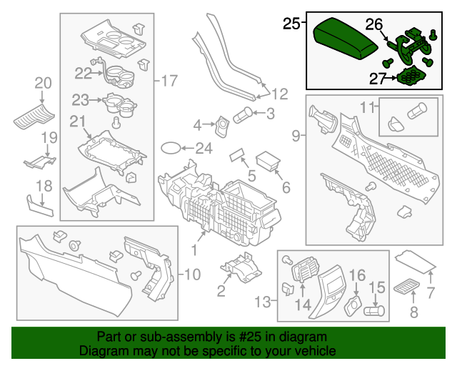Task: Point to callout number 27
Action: click(x=378, y=77)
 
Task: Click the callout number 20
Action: click(x=43, y=83)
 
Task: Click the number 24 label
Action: click(x=204, y=149)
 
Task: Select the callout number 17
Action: click(x=169, y=81)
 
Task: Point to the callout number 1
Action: click(x=194, y=249)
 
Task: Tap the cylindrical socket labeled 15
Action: click(x=373, y=311)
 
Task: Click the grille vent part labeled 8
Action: click(x=404, y=288)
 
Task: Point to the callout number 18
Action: click(x=44, y=186)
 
